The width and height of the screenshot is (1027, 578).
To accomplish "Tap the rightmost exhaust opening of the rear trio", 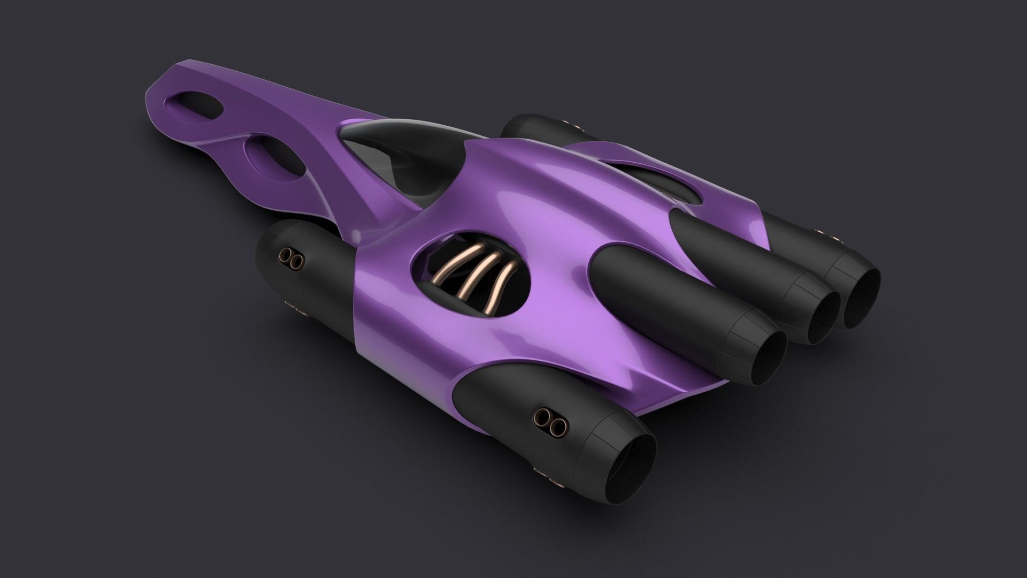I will (862, 300).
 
